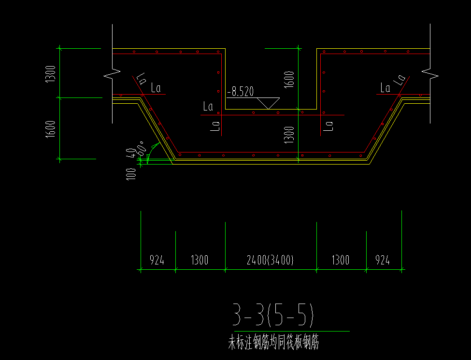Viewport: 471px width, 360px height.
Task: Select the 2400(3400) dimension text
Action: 270,261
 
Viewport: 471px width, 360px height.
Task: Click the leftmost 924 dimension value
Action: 157,261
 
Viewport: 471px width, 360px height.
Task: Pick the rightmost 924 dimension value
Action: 382,261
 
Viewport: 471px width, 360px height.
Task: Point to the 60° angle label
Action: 142,147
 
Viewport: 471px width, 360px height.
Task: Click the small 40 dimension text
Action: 130,154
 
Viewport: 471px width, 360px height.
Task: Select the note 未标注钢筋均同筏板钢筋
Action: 274,343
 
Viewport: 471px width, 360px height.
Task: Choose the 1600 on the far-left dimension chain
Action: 52,129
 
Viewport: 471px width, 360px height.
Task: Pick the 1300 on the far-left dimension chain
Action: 52,74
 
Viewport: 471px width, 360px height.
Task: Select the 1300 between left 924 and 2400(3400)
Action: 200,261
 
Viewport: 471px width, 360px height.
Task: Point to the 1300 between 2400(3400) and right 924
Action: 341,261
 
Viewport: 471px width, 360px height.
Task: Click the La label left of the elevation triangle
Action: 208,106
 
